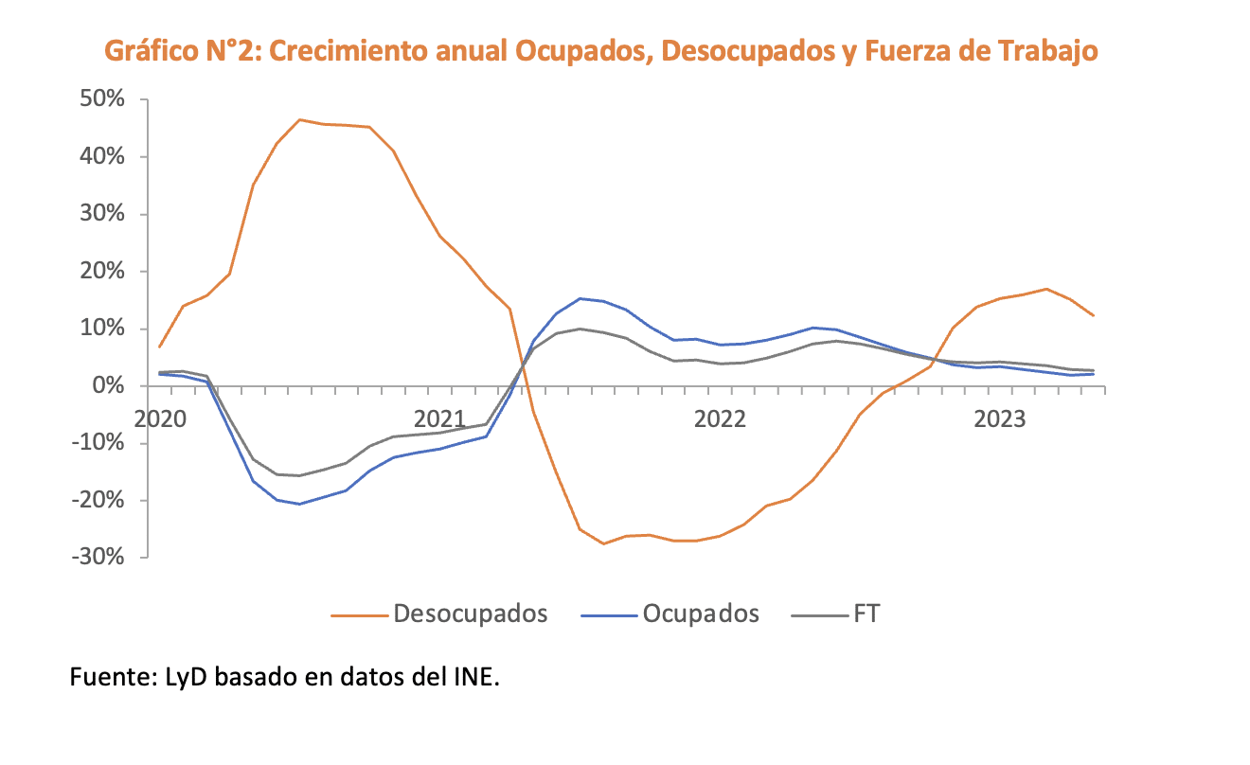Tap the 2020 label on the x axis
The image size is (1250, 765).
click(160, 418)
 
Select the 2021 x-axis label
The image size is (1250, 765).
click(439, 418)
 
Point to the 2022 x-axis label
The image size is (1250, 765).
click(721, 418)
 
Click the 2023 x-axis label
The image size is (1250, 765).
click(1001, 418)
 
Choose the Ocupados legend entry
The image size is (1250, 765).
click(701, 614)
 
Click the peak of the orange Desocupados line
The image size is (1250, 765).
click(299, 120)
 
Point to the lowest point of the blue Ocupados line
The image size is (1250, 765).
click(299, 504)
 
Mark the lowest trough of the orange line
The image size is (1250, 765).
click(603, 543)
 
